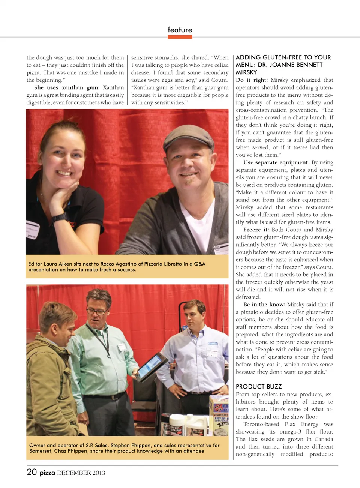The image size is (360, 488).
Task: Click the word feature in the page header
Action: (x=180, y=30)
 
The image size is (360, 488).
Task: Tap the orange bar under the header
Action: (x=180, y=37)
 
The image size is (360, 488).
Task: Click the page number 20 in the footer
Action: (x=31, y=472)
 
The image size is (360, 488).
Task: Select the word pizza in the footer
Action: (x=47, y=473)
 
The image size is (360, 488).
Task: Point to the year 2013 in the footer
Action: (x=99, y=473)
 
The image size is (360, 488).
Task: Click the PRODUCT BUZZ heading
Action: (x=258, y=386)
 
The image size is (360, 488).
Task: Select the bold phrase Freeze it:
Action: (x=256, y=230)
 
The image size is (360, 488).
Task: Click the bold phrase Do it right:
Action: (x=252, y=80)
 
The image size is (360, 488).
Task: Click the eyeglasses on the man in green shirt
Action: (x=96, y=311)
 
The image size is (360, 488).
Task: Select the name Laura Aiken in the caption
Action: (x=57, y=264)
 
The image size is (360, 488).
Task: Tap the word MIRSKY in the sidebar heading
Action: (x=246, y=72)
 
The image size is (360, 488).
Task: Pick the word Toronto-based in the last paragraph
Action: (x=261, y=424)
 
